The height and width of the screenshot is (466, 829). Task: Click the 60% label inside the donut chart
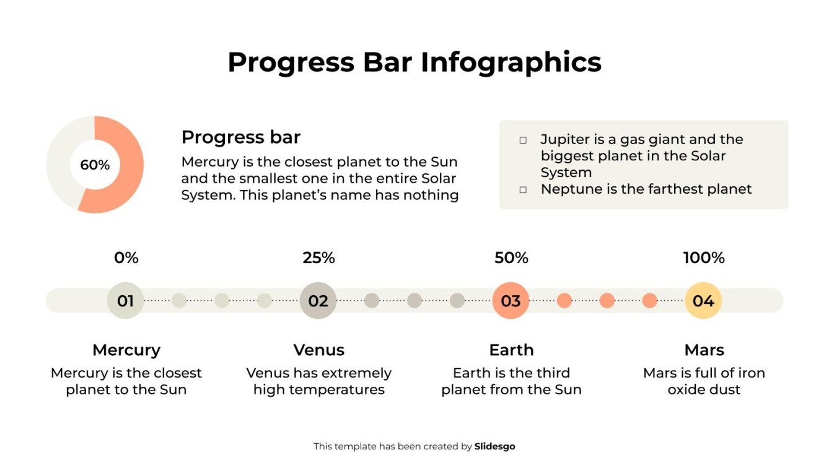tap(95, 165)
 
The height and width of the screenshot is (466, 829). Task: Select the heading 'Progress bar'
tap(240, 137)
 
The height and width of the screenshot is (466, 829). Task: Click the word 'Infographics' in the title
tap(511, 62)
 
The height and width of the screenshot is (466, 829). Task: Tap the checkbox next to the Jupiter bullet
tap(523, 140)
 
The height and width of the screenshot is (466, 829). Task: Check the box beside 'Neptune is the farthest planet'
tap(523, 190)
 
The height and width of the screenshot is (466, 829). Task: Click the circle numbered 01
tap(126, 301)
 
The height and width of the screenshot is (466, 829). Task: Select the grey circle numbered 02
tap(318, 301)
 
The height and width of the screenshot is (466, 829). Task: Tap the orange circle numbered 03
tap(511, 301)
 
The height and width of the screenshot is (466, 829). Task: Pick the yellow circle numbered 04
tap(703, 301)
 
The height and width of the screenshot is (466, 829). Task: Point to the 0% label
tap(126, 258)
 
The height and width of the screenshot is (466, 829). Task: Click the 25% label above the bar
tap(318, 258)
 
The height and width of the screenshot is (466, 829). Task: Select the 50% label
tap(511, 258)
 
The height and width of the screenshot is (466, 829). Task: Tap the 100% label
tap(704, 258)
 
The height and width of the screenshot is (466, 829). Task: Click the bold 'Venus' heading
tap(318, 350)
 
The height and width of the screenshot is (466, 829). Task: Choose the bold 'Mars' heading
tap(704, 350)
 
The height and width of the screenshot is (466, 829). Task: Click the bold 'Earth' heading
tap(511, 350)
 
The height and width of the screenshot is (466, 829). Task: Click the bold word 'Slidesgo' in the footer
tap(494, 446)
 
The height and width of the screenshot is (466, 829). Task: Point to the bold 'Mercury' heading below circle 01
tap(126, 350)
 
